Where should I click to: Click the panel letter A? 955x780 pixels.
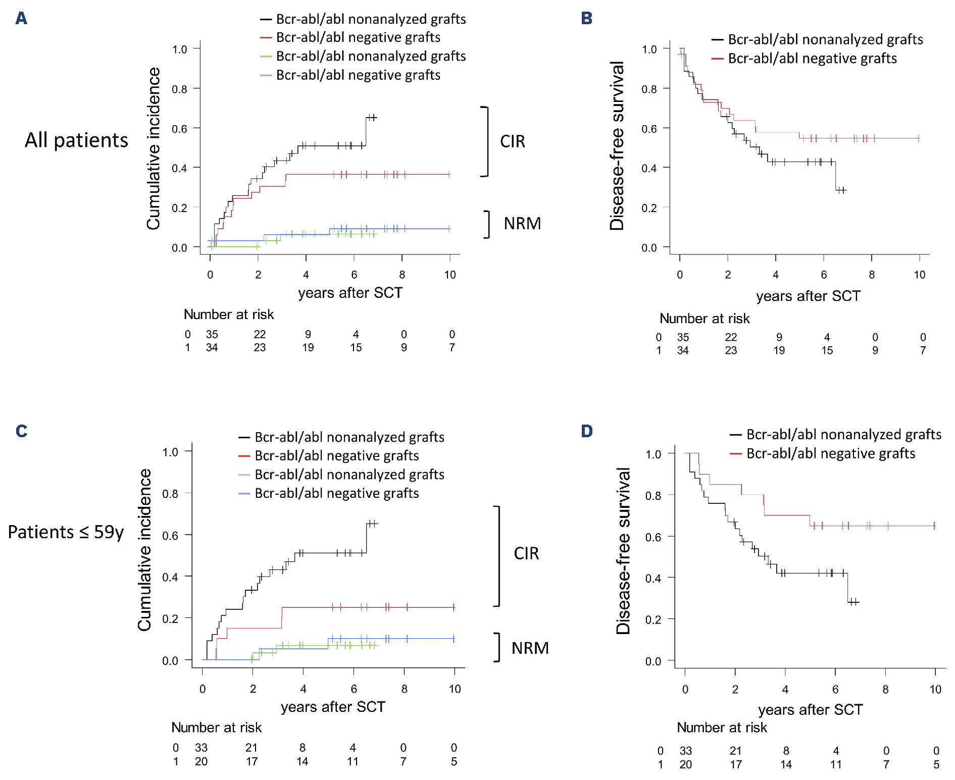pos(21,19)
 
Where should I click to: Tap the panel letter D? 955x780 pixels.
pos(586,431)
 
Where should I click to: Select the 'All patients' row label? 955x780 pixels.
pos(77,140)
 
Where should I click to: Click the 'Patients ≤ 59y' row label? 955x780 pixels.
pos(66,532)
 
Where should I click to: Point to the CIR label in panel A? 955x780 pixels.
pos(513,141)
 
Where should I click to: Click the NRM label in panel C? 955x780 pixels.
pos(530,648)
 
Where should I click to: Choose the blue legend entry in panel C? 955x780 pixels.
pos(336,493)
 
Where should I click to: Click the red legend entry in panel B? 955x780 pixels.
pos(812,59)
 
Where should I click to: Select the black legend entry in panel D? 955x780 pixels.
pos(843,435)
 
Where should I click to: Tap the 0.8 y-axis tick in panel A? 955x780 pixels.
pos(179,89)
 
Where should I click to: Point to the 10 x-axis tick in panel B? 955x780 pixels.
pos(919,275)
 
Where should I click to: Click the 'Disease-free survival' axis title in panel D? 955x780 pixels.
pos(624,550)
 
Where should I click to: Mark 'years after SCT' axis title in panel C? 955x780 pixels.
pos(333,707)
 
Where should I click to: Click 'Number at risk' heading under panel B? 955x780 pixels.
pos(705,319)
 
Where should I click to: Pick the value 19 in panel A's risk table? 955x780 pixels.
pos(308,348)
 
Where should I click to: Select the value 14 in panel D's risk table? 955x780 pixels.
pos(786,764)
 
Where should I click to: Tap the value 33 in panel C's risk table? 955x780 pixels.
pos(201,748)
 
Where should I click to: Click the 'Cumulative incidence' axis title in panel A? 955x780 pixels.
pos(154,148)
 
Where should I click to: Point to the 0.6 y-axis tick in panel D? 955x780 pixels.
pos(653,537)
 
